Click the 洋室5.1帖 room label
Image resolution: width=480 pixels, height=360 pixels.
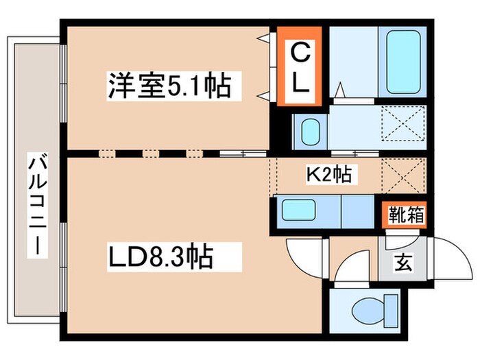click(x=167, y=86)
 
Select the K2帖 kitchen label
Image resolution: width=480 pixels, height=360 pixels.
click(x=328, y=176)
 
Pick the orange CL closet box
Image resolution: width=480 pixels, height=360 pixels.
click(x=299, y=66)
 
